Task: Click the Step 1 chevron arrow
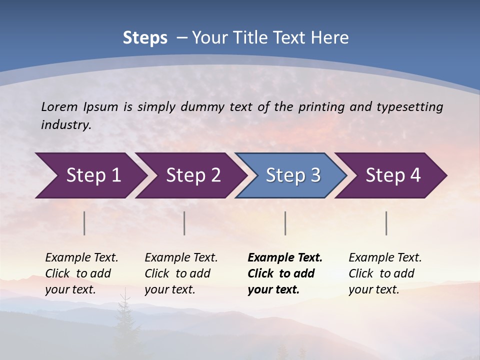(90, 175)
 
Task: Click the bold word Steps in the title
(145, 38)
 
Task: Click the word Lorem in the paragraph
(59, 106)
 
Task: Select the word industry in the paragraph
(65, 124)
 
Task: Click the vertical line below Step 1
(84, 223)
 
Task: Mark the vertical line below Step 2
(184, 223)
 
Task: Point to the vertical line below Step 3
(285, 223)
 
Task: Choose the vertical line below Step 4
(386, 223)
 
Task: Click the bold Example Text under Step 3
(285, 258)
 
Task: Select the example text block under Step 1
(81, 273)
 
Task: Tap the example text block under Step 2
(181, 273)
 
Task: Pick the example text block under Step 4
(385, 273)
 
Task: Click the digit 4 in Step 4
(415, 175)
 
